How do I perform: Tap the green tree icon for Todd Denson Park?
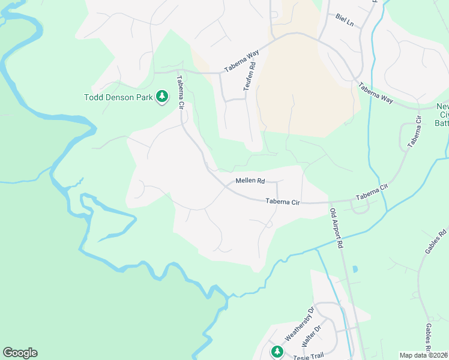[161, 96]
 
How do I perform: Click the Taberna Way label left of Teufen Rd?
[242, 61]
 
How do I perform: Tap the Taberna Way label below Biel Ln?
[376, 94]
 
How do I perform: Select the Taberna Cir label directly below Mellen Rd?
[283, 202]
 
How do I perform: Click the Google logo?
[20, 353]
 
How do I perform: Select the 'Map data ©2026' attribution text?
[423, 355]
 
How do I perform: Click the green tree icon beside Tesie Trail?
[277, 351]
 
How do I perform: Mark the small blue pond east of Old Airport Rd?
[354, 270]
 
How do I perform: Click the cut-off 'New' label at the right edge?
[443, 106]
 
